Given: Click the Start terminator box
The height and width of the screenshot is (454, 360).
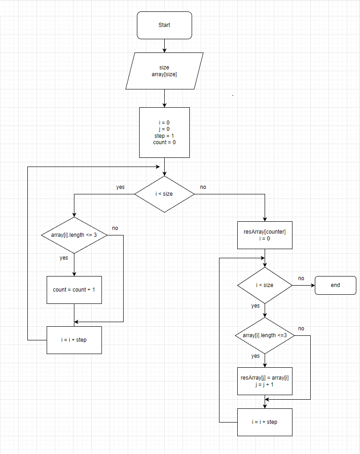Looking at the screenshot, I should (x=164, y=25).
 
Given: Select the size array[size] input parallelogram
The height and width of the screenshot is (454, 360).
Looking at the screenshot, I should (x=164, y=71).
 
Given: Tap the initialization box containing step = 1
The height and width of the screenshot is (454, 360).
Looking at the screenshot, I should (x=164, y=132).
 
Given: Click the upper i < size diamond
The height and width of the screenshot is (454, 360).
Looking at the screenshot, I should (x=164, y=194).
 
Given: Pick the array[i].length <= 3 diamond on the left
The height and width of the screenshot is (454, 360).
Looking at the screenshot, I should (x=74, y=235).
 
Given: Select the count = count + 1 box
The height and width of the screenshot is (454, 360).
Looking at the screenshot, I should (x=74, y=290).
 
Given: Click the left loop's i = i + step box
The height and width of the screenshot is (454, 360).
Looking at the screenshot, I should (x=74, y=340).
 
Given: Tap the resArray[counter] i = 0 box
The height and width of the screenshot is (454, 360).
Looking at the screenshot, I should (x=265, y=235).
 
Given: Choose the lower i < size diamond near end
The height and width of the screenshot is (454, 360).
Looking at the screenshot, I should (x=265, y=285).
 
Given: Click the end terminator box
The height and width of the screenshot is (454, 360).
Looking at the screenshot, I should (x=335, y=285).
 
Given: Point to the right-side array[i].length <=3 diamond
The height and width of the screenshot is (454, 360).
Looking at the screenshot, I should (x=265, y=335).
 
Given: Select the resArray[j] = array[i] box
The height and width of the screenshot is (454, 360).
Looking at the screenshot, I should (x=265, y=381).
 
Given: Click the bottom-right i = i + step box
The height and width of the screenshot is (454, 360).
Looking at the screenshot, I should (x=265, y=422).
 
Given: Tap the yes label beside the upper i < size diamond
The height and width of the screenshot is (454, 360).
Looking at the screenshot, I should (x=120, y=187).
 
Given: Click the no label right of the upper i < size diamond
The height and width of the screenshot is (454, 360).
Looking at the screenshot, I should (x=203, y=187).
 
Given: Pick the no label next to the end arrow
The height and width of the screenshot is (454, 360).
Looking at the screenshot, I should (x=301, y=278).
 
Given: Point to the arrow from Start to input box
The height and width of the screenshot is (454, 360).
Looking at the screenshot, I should (x=164, y=46).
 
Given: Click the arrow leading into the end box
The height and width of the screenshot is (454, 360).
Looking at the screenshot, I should (x=303, y=285).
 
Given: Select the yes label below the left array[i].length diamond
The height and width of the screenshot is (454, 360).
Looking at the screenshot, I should (x=64, y=258).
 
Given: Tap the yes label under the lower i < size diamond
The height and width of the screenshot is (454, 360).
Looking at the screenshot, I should (x=256, y=306).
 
